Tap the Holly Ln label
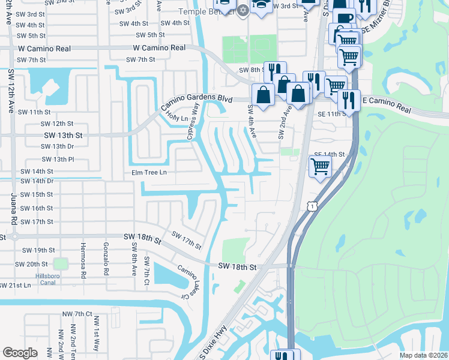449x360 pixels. [173, 112]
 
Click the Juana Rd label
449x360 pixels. [13, 214]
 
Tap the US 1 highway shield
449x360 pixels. [310, 206]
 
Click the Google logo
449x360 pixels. [20, 352]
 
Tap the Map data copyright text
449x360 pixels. [423, 355]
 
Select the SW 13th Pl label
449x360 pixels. [58, 160]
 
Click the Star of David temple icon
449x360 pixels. [243, 10]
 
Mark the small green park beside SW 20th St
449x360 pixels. [60, 264]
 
